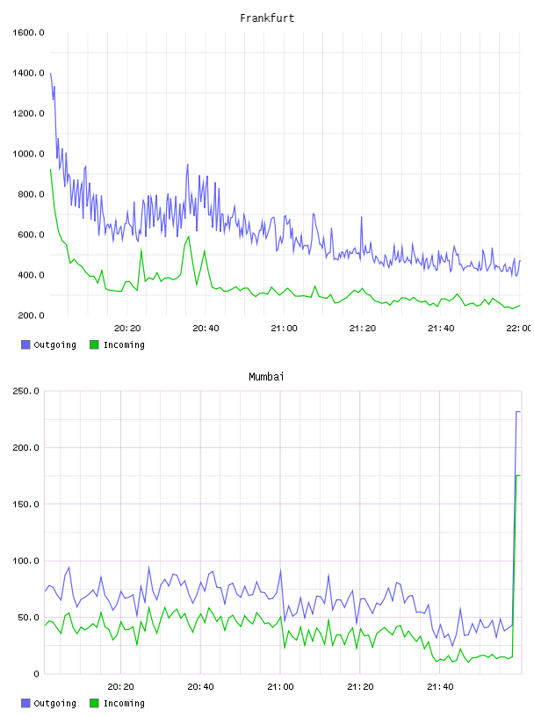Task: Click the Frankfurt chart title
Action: coord(267,18)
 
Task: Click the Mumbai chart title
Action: coord(266,376)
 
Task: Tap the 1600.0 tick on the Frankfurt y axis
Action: coord(28,33)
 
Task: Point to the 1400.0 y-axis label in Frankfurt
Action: coord(28,73)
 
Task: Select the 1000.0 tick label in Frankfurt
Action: coord(28,154)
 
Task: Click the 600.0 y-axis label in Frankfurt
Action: coord(31,235)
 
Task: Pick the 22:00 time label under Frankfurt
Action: coord(519,328)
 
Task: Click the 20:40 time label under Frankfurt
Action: coord(206,328)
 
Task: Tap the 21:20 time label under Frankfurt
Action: coord(363,328)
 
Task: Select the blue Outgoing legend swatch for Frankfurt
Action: coord(25,344)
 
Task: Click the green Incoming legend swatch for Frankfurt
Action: coord(94,344)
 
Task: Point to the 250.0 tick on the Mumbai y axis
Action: coord(26,391)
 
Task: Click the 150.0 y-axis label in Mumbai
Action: coord(26,503)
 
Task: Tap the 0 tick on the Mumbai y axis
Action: coord(36,674)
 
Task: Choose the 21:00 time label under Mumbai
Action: coord(280,686)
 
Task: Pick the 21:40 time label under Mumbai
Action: coord(440,686)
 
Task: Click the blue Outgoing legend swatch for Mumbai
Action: coord(25,703)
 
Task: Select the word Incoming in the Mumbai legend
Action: coord(124,703)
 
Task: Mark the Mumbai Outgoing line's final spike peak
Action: coord(518,412)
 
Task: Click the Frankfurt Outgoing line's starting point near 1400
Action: coord(50,73)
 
